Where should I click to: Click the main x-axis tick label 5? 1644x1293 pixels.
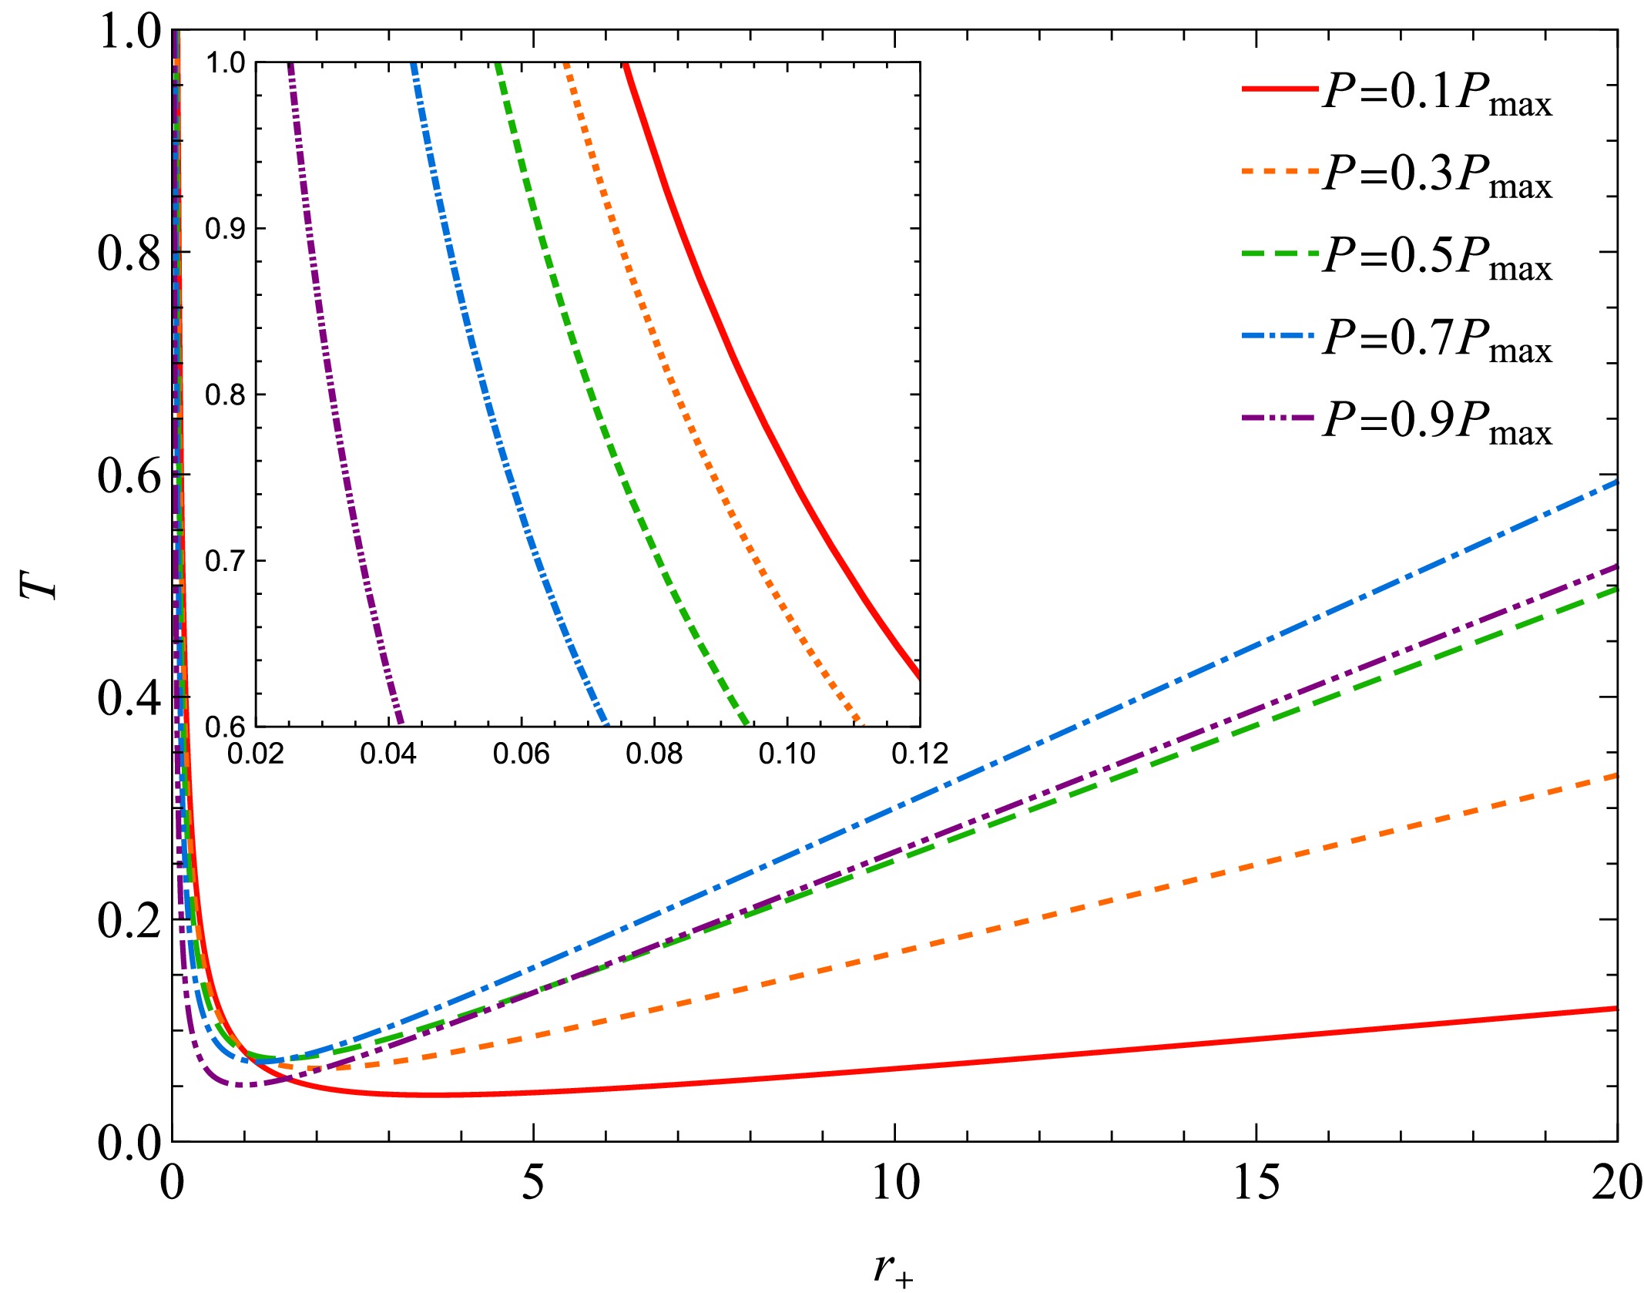tap(533, 1183)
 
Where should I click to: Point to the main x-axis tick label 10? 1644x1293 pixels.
tap(895, 1183)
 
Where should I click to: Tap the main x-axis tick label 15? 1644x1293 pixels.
tap(1256, 1183)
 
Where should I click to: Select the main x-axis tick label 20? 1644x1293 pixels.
tap(1616, 1183)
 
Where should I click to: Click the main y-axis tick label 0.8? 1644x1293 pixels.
tap(129, 254)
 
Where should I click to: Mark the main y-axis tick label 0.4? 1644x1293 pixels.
tap(129, 698)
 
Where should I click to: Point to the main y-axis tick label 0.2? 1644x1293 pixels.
tap(129, 920)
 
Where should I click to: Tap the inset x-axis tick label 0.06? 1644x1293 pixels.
tap(522, 753)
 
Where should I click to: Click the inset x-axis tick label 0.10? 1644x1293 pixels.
tap(787, 753)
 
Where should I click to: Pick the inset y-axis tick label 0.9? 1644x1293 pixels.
tap(225, 229)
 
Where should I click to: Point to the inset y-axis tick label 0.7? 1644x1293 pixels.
tap(225, 561)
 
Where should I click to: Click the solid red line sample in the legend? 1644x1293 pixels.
tap(1280, 90)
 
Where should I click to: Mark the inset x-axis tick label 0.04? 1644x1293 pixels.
tap(388, 753)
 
